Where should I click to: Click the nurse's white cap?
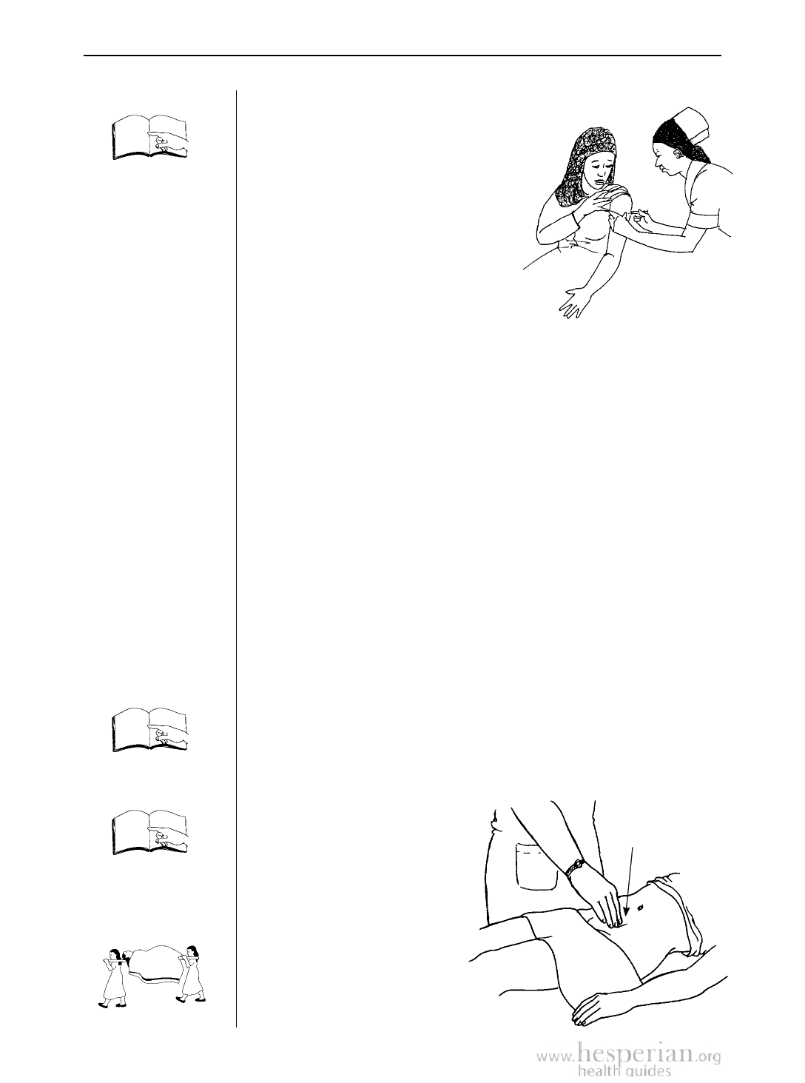pos(690,124)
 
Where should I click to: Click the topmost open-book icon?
pos(150,137)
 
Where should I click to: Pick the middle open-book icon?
pos(150,731)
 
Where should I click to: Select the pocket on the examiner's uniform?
pos(536,868)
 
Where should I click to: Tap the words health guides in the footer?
pos(624,1071)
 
